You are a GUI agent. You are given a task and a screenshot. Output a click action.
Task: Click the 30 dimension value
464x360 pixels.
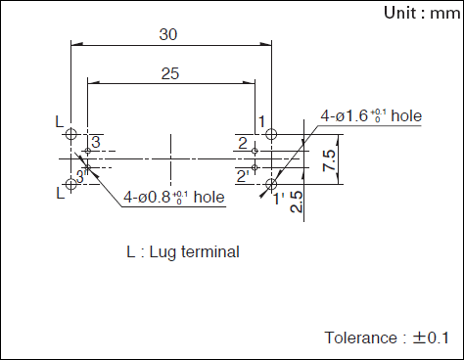(x=168, y=34)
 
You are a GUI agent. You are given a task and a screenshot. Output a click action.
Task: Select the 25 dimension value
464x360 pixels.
(x=170, y=73)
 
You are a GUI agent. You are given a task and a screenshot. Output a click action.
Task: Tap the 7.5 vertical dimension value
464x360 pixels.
(x=329, y=159)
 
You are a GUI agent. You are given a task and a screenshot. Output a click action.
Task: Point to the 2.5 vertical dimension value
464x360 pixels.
(x=297, y=202)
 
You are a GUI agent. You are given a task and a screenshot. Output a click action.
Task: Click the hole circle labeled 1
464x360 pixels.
(x=271, y=134)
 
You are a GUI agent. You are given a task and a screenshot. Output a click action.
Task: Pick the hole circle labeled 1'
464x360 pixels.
(x=271, y=184)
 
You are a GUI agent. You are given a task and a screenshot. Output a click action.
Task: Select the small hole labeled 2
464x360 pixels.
(x=255, y=151)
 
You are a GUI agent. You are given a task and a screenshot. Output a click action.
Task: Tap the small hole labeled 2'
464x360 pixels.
(x=255, y=167)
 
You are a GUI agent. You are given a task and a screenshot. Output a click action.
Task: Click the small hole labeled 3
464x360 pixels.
(x=87, y=151)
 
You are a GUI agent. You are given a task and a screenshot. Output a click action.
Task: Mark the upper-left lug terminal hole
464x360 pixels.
(x=71, y=134)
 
